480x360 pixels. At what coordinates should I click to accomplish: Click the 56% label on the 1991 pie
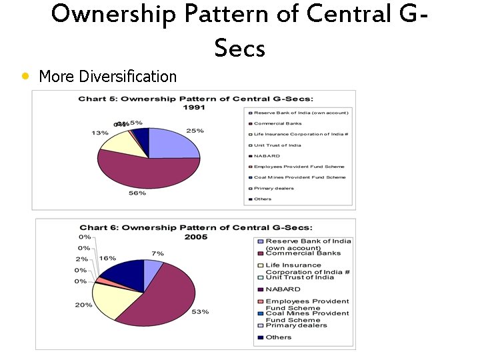coord(137,193)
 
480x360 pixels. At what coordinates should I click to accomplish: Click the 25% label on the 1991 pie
coord(195,131)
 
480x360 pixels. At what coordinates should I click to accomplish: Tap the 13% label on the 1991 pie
coord(100,133)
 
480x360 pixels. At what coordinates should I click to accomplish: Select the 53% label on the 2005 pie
coord(200,311)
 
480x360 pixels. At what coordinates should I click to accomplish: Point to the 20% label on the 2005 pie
coord(84,305)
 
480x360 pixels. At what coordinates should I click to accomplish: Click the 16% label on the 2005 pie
coord(107,258)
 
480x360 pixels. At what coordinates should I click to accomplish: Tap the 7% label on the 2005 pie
coord(157,253)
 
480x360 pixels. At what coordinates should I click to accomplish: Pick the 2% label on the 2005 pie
coord(81,259)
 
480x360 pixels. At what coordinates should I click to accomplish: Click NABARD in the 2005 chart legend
coord(283,289)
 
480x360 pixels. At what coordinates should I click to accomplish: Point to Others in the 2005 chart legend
coord(278,337)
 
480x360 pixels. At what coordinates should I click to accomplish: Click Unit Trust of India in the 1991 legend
coord(277,145)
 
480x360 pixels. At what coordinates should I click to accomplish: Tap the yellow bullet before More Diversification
coord(25,76)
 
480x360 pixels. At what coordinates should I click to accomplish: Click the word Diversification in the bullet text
coord(127,76)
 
